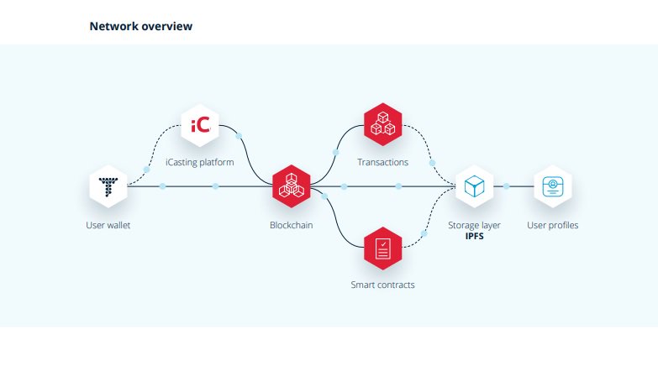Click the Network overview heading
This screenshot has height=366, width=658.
[140, 27]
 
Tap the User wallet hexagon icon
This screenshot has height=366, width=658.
[108, 186]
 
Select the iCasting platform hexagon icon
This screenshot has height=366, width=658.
[201, 126]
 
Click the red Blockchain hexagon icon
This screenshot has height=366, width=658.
[292, 186]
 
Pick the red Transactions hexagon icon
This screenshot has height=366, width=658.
[382, 126]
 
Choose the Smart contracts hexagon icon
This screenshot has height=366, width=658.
[382, 248]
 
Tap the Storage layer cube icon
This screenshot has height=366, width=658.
[474, 186]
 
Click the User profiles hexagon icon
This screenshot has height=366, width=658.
[552, 186]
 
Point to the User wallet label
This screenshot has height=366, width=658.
[108, 225]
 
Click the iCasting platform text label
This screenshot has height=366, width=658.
[201, 162]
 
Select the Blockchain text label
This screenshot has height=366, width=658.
[292, 225]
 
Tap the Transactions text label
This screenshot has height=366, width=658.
[382, 162]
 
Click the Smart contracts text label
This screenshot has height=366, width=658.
[382, 285]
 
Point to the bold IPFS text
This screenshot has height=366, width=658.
[474, 237]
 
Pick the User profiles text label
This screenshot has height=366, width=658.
[552, 225]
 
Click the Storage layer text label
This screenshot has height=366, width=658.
[474, 225]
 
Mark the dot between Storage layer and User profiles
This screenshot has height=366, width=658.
[507, 186]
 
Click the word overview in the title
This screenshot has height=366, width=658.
[167, 27]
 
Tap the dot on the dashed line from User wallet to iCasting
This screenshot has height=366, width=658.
[147, 169]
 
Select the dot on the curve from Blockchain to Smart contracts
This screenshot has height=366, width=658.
[324, 196]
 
